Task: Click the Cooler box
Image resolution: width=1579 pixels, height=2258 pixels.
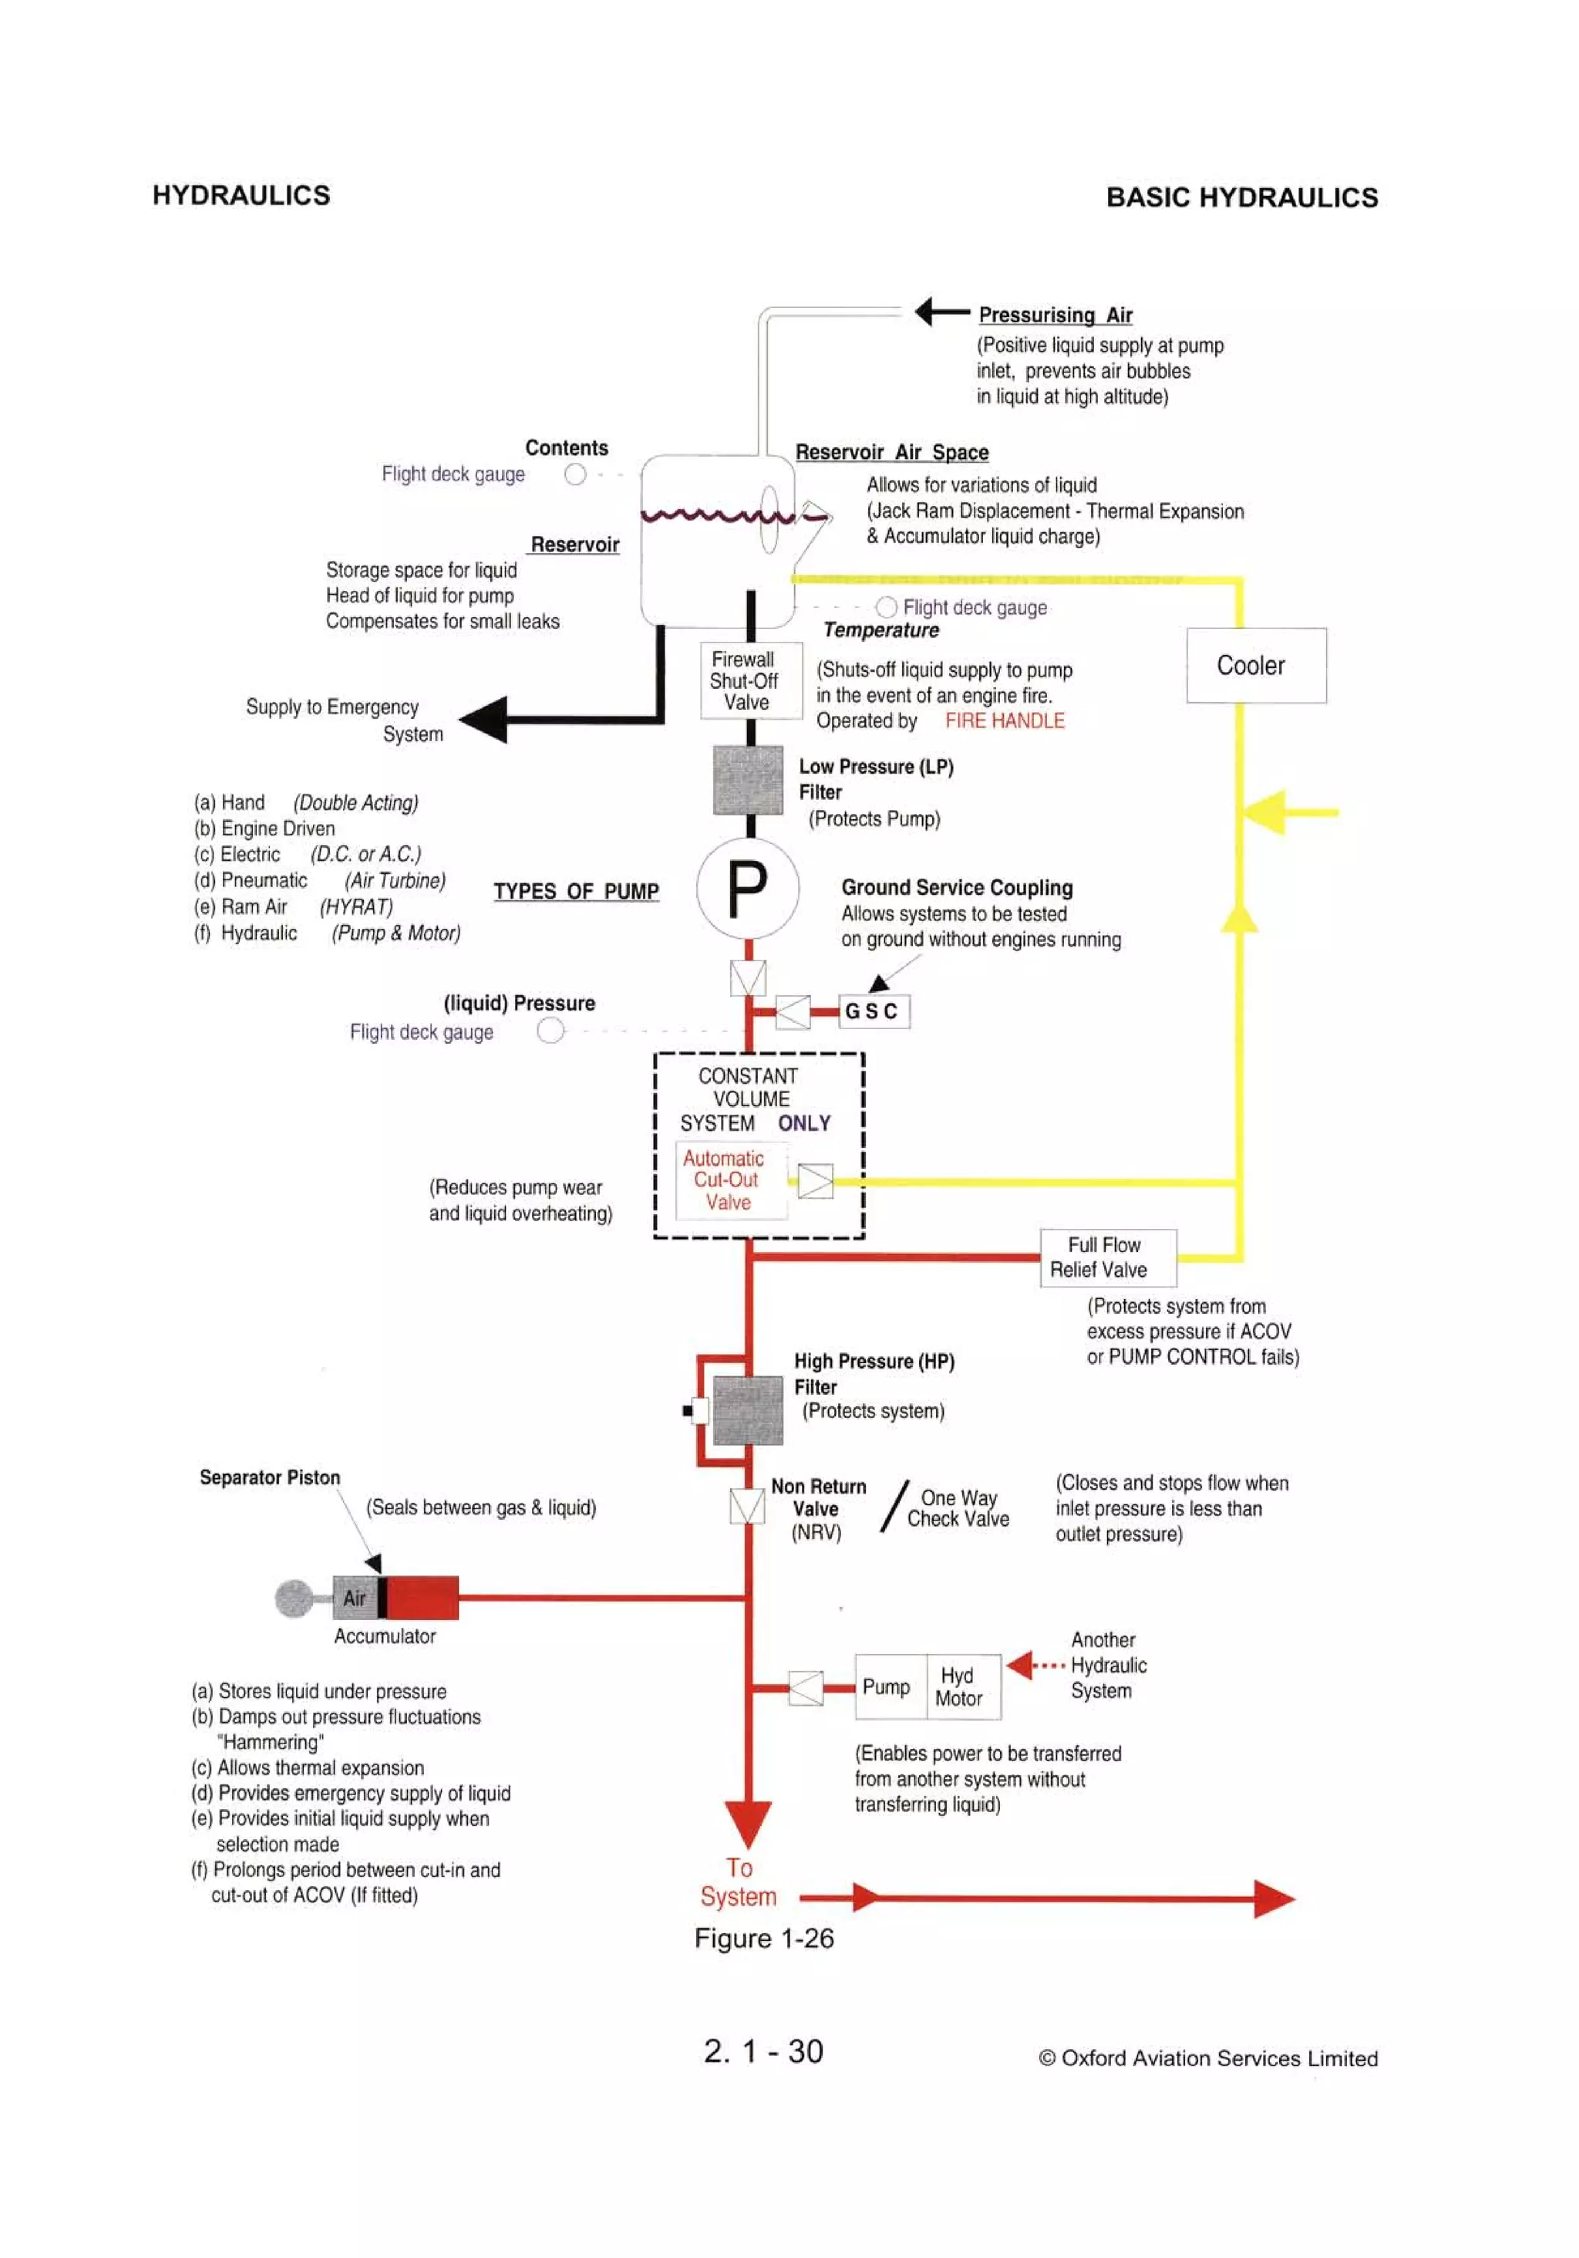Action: [x=1255, y=666]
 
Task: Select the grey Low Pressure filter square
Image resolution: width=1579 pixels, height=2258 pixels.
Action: [x=747, y=780]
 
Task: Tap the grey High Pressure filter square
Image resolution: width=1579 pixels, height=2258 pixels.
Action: [x=747, y=1409]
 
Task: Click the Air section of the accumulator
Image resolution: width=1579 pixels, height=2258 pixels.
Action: [x=355, y=1598]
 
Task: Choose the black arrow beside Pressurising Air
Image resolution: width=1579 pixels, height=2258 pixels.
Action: [x=940, y=312]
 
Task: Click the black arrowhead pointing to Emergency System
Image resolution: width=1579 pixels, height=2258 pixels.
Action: [x=486, y=719]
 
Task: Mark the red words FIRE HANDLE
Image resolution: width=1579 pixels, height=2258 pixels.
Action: [x=1004, y=721]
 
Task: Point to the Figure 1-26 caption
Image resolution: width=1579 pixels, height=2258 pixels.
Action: [x=764, y=1939]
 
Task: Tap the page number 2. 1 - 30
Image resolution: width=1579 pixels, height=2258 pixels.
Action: [x=763, y=2051]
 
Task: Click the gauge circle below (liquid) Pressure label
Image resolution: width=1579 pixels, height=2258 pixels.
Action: [x=550, y=1031]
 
